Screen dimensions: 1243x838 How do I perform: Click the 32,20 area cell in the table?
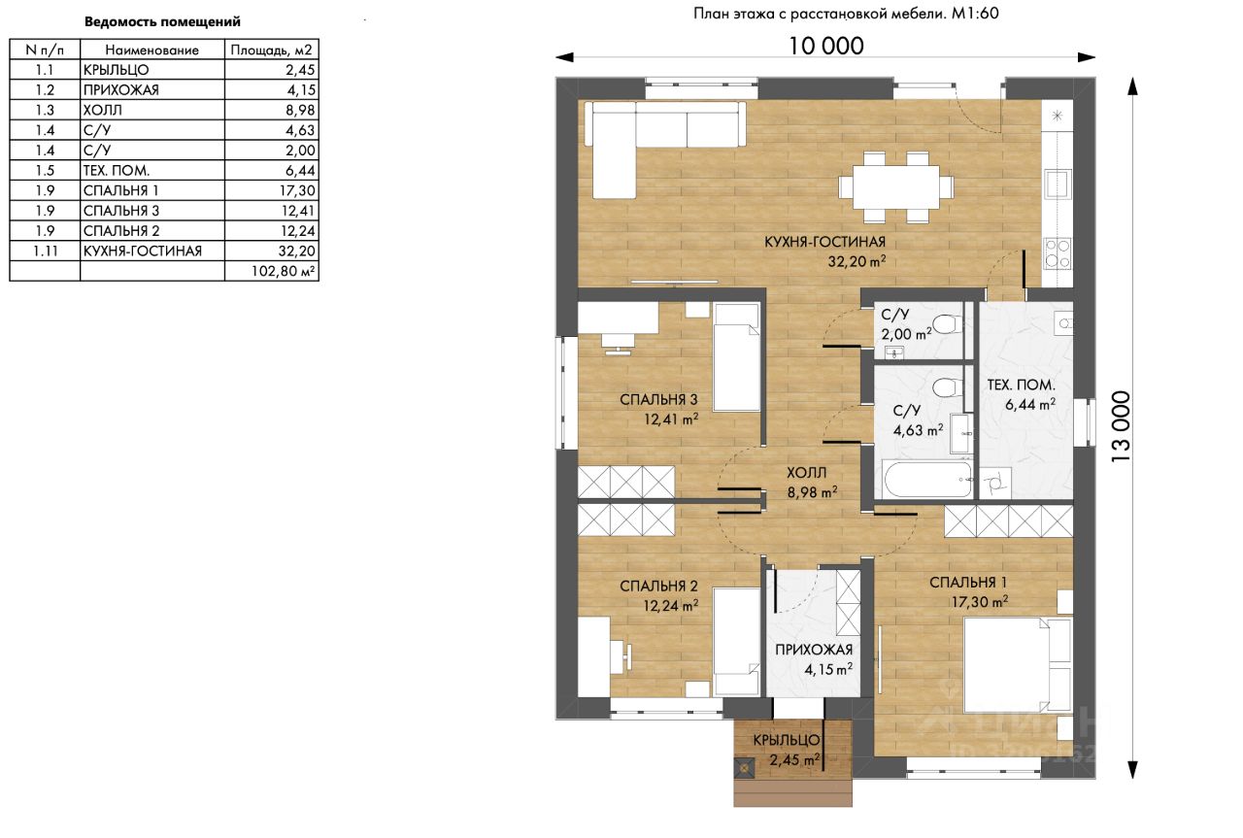pyautogui.click(x=272, y=251)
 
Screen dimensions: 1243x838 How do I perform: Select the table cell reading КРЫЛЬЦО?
pyautogui.click(x=152, y=70)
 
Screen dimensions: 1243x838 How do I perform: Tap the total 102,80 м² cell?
pyautogui.click(x=272, y=271)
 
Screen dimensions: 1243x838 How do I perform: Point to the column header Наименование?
pyautogui.click(x=152, y=50)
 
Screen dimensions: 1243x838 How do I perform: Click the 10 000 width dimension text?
pyautogui.click(x=826, y=46)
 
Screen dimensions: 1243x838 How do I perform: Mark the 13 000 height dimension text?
pyautogui.click(x=1121, y=426)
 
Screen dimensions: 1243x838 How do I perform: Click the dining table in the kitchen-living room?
pyautogui.click(x=895, y=187)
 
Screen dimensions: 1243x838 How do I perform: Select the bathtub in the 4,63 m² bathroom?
pyautogui.click(x=926, y=480)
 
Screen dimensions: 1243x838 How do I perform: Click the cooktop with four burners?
pyautogui.click(x=1058, y=253)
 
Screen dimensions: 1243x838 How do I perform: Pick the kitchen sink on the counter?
pyautogui.click(x=1058, y=184)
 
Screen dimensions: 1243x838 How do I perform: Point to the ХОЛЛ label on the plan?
pyautogui.click(x=806, y=473)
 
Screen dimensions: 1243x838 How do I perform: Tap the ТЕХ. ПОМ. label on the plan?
pyautogui.click(x=1021, y=385)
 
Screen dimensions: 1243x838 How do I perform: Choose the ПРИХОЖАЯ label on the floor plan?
pyautogui.click(x=814, y=650)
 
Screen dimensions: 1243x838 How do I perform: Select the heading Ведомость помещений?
pyautogui.click(x=162, y=22)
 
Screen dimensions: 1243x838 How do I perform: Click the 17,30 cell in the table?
pyautogui.click(x=272, y=190)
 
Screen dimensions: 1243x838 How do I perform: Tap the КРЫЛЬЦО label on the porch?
pyautogui.click(x=787, y=740)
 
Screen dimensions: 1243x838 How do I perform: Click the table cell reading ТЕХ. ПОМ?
pyautogui.click(x=152, y=170)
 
